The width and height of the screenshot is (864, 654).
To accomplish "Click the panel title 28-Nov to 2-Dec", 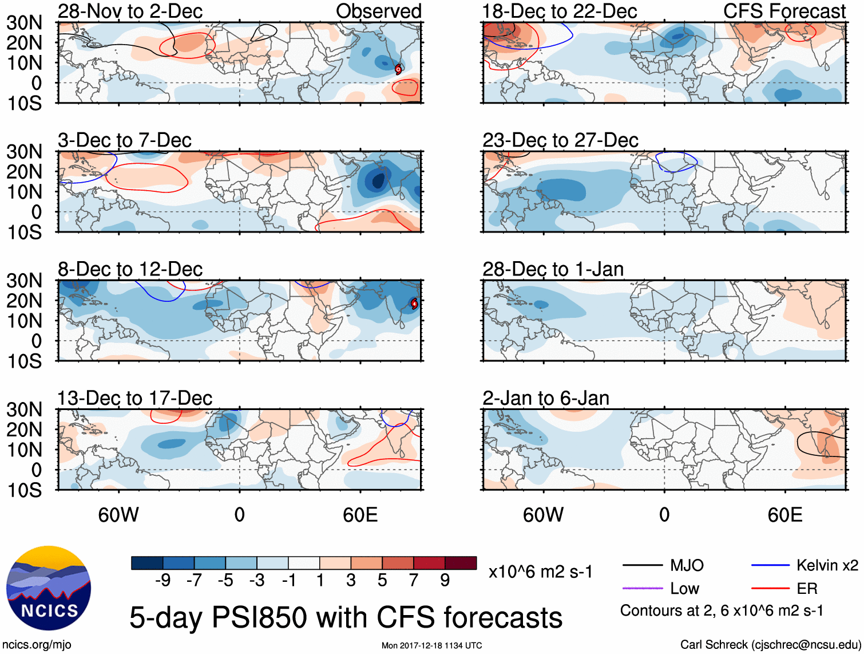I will [130, 11].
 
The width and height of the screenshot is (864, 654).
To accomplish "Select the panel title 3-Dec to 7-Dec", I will [124, 140].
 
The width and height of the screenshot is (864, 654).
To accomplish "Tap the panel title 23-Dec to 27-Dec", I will [560, 140].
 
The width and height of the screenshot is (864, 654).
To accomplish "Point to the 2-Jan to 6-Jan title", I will [546, 398].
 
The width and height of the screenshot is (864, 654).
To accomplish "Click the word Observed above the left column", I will [378, 11].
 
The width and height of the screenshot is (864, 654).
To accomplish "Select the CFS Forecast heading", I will [784, 11].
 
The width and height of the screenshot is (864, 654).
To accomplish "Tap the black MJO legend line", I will [642, 566].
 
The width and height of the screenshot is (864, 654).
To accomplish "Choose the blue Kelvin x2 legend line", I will [770, 566].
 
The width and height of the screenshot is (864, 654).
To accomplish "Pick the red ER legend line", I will [770, 588].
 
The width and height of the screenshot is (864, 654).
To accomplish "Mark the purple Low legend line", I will [642, 588].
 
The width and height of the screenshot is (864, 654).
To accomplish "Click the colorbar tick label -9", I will [163, 581].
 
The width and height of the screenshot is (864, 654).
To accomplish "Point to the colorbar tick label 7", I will [414, 581].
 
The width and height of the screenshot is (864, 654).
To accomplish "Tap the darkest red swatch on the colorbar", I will [461, 563].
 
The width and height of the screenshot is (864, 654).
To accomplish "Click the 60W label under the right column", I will [543, 515].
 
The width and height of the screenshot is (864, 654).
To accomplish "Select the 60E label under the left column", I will [360, 515].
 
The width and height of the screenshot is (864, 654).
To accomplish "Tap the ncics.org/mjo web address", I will [37, 645].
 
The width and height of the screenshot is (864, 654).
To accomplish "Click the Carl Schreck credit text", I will [770, 645].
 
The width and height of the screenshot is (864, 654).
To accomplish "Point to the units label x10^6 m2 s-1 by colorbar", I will [540, 572].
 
